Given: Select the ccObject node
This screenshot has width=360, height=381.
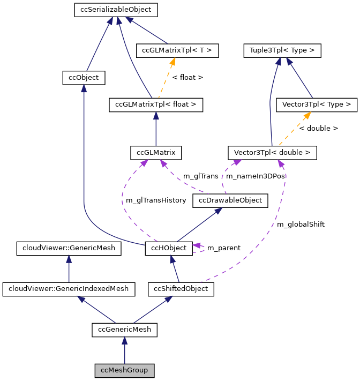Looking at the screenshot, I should pyautogui.click(x=84, y=78).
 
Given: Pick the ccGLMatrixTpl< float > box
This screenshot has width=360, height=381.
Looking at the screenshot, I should pyautogui.click(x=156, y=104).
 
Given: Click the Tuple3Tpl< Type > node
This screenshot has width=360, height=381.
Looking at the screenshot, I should pyautogui.click(x=282, y=51).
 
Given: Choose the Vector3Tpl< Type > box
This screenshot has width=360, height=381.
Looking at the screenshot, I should pyautogui.click(x=316, y=104).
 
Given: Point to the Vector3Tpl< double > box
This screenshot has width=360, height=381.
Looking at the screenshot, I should pyautogui.click(x=272, y=152).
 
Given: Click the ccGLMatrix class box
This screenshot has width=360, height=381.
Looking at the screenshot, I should pyautogui.click(x=156, y=152).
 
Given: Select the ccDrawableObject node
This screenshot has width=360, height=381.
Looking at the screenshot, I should pyautogui.click(x=230, y=200).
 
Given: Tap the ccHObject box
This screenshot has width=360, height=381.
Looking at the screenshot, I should pyautogui.click(x=169, y=248).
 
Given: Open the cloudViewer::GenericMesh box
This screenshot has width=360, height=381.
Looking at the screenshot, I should pyautogui.click(x=69, y=248).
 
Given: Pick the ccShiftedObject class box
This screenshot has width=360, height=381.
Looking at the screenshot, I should pyautogui.click(x=181, y=289).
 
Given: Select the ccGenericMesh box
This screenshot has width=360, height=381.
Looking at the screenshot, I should pyautogui.click(x=124, y=330).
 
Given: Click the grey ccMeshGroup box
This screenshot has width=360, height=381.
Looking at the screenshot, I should pyautogui.click(x=124, y=370).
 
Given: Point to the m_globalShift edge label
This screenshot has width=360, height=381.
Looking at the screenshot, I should pyautogui.click(x=301, y=225).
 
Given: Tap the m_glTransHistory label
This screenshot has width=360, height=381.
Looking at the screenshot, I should pyautogui.click(x=155, y=200).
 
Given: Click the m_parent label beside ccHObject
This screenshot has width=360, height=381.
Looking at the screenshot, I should pyautogui.click(x=223, y=248).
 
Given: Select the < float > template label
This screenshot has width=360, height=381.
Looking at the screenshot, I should pyautogui.click(x=187, y=78).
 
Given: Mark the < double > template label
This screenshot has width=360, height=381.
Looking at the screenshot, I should pyautogui.click(x=318, y=129).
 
